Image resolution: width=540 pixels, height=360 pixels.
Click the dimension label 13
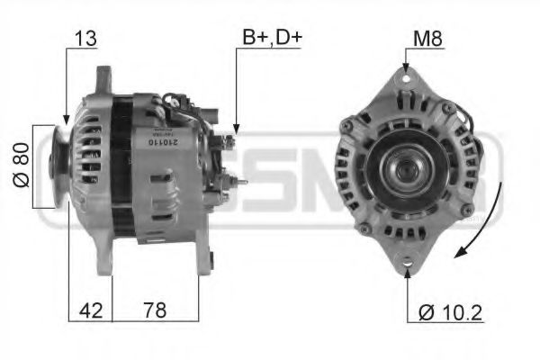tap(87, 40)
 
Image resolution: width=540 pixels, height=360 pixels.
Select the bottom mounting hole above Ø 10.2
tap(405, 264)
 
